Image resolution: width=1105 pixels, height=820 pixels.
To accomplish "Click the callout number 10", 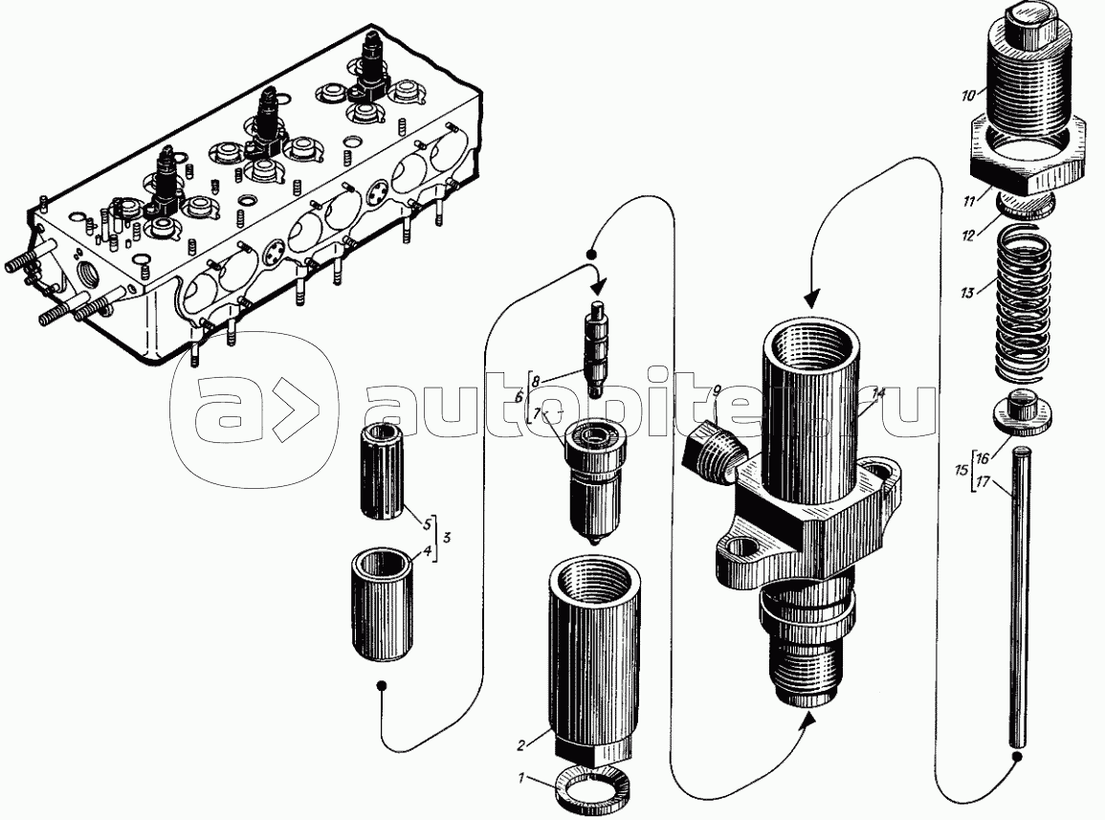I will point(968,95).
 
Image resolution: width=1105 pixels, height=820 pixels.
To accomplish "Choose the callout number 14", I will point(878,393).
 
